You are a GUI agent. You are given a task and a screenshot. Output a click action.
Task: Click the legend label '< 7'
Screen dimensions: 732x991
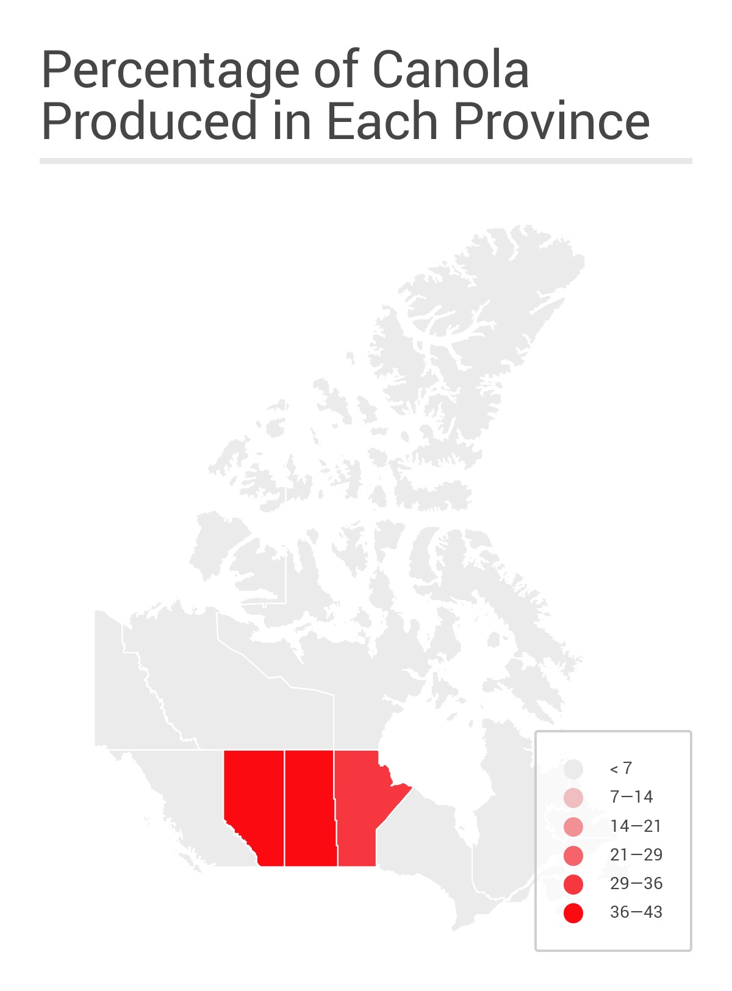[621, 768]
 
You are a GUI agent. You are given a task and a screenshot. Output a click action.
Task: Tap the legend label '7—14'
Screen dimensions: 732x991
[631, 797]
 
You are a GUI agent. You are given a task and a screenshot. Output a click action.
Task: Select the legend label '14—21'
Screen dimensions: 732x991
[636, 826]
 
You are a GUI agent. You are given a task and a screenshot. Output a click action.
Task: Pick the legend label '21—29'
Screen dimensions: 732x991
[636, 854]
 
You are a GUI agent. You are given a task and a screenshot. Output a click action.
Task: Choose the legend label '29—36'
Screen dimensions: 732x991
[636, 883]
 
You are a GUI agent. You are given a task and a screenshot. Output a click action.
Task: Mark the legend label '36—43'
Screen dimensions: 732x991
[636, 912]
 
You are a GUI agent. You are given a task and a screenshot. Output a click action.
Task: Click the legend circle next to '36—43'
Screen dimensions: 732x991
[573, 913]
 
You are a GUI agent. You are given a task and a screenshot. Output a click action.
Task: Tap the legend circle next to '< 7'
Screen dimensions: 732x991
[573, 769]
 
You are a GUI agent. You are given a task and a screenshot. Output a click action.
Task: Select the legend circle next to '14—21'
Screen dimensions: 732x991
[573, 827]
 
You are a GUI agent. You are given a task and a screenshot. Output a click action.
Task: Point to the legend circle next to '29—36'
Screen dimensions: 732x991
[573, 884]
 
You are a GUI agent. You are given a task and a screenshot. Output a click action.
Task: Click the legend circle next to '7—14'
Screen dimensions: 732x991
[573, 798]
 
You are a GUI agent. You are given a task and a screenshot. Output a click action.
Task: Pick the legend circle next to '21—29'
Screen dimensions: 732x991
[573, 856]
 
